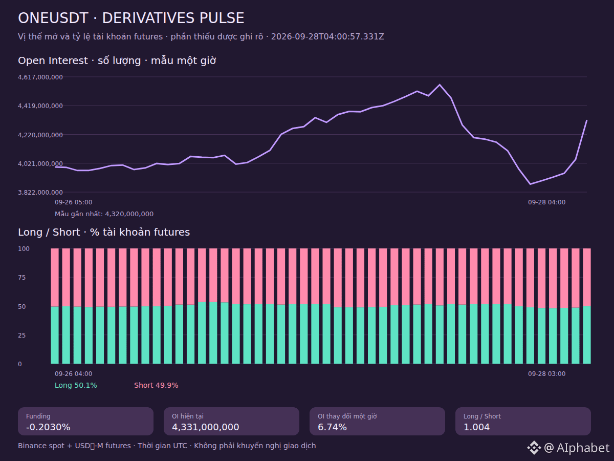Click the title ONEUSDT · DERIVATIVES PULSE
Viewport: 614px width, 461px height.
(x=131, y=18)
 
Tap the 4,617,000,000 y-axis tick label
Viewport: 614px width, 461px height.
(x=40, y=77)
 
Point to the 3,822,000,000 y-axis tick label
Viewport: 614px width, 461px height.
(x=40, y=192)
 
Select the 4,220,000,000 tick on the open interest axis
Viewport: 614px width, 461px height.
(x=40, y=135)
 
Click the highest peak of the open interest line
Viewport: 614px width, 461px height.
(x=440, y=85)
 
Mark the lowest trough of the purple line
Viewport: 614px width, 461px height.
(x=530, y=184)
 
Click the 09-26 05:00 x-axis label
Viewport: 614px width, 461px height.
(x=73, y=202)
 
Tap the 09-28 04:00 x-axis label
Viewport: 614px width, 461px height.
(x=546, y=202)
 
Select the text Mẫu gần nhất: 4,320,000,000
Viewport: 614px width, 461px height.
(x=104, y=214)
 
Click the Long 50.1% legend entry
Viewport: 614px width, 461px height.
(x=76, y=385)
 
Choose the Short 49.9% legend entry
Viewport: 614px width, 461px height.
(x=156, y=385)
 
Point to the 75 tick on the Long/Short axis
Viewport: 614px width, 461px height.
(x=22, y=278)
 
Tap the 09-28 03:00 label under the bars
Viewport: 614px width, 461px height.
(x=546, y=374)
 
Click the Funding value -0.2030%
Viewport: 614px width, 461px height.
(x=48, y=427)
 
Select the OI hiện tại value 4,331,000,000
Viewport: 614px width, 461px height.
(x=205, y=427)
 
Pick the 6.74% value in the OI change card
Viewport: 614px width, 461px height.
(x=332, y=427)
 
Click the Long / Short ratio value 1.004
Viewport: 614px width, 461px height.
(x=476, y=427)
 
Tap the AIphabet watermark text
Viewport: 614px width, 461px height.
(x=583, y=448)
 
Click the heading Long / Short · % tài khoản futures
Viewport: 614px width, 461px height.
(x=104, y=232)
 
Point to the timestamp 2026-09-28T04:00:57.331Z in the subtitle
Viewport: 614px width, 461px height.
(x=327, y=37)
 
